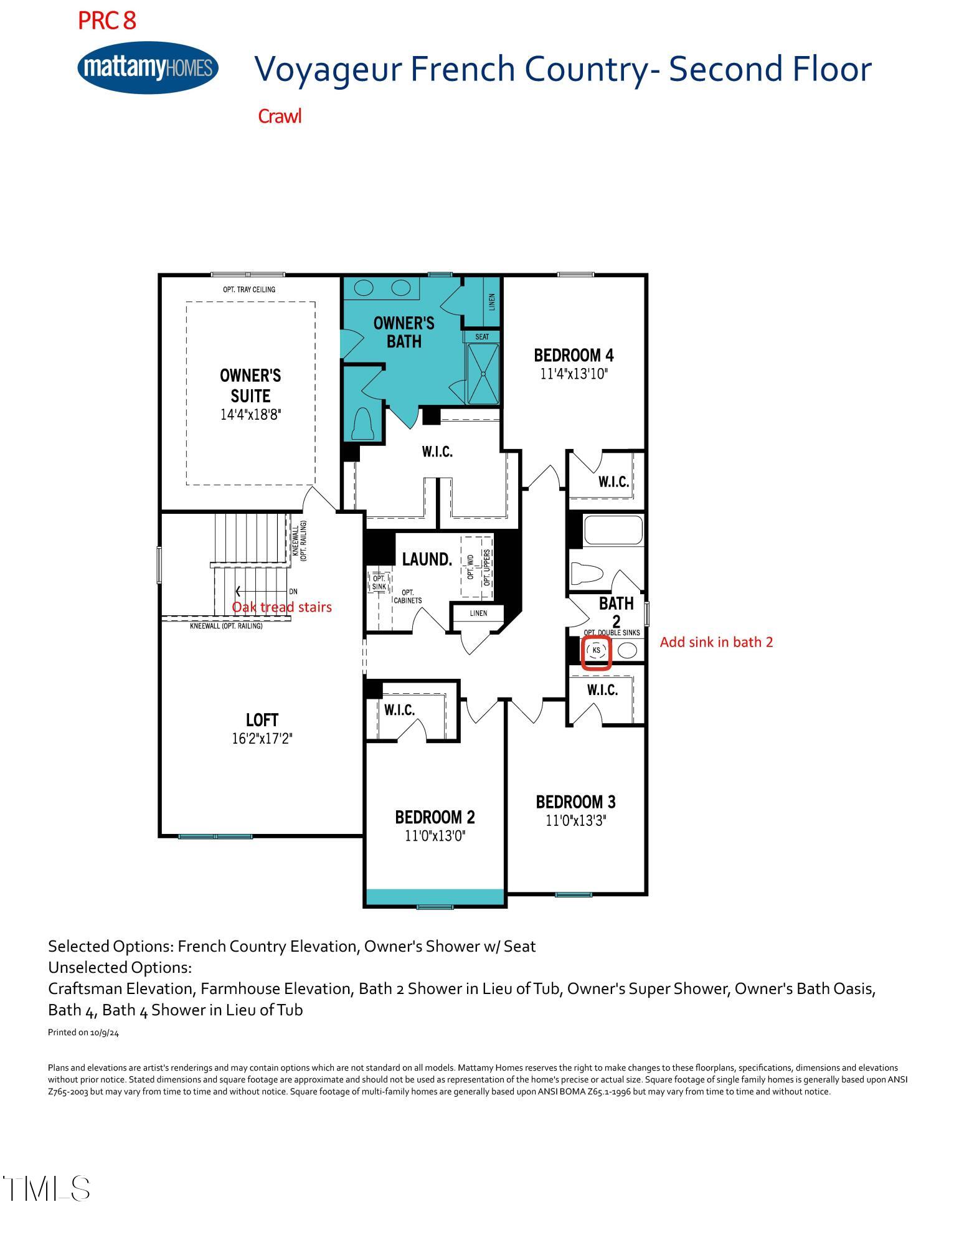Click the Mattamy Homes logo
pyautogui.click(x=148, y=67)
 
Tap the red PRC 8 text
pyautogui.click(x=106, y=21)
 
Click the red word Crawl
pyautogui.click(x=280, y=116)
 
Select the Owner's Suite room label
pyautogui.click(x=250, y=386)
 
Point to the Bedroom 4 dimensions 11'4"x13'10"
pyautogui.click(x=574, y=374)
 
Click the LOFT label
pyautogui.click(x=262, y=720)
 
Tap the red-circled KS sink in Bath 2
pyautogui.click(x=597, y=651)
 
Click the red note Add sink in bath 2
pyautogui.click(x=716, y=642)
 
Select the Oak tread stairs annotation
pyautogui.click(x=281, y=607)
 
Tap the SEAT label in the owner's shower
pyautogui.click(x=482, y=337)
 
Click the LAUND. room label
pyautogui.click(x=427, y=559)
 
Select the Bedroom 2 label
pyautogui.click(x=435, y=817)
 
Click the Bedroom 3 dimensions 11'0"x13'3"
pyautogui.click(x=576, y=821)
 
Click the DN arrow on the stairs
pyautogui.click(x=262, y=591)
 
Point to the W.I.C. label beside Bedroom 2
pyautogui.click(x=399, y=710)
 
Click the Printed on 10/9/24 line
pyautogui.click(x=83, y=1033)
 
